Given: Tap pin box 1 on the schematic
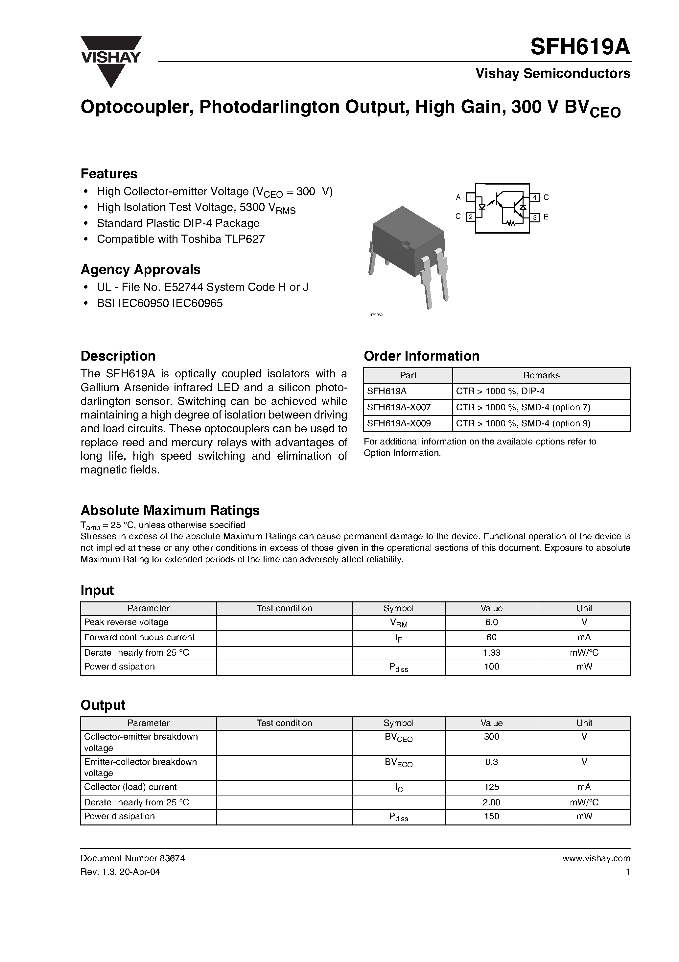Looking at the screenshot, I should [471, 197].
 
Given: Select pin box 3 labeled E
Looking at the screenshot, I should [535, 217].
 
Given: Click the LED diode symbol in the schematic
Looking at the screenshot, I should [482, 207].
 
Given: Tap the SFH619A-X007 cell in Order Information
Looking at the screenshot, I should [399, 407].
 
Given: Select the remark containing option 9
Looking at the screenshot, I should [523, 423].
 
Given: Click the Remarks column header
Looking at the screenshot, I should [541, 375].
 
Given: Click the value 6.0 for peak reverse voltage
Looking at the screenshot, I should [491, 622].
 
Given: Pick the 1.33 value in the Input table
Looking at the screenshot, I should [491, 653].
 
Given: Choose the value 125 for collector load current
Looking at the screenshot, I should [491, 787].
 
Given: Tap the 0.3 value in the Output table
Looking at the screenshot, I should [491, 762].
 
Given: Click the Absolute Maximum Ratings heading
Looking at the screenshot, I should [170, 510].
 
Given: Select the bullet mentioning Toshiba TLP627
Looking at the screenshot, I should [180, 239].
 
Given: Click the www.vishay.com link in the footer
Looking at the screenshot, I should [596, 858].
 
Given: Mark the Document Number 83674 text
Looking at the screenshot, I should [132, 858].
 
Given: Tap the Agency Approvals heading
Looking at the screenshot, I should [140, 269].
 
